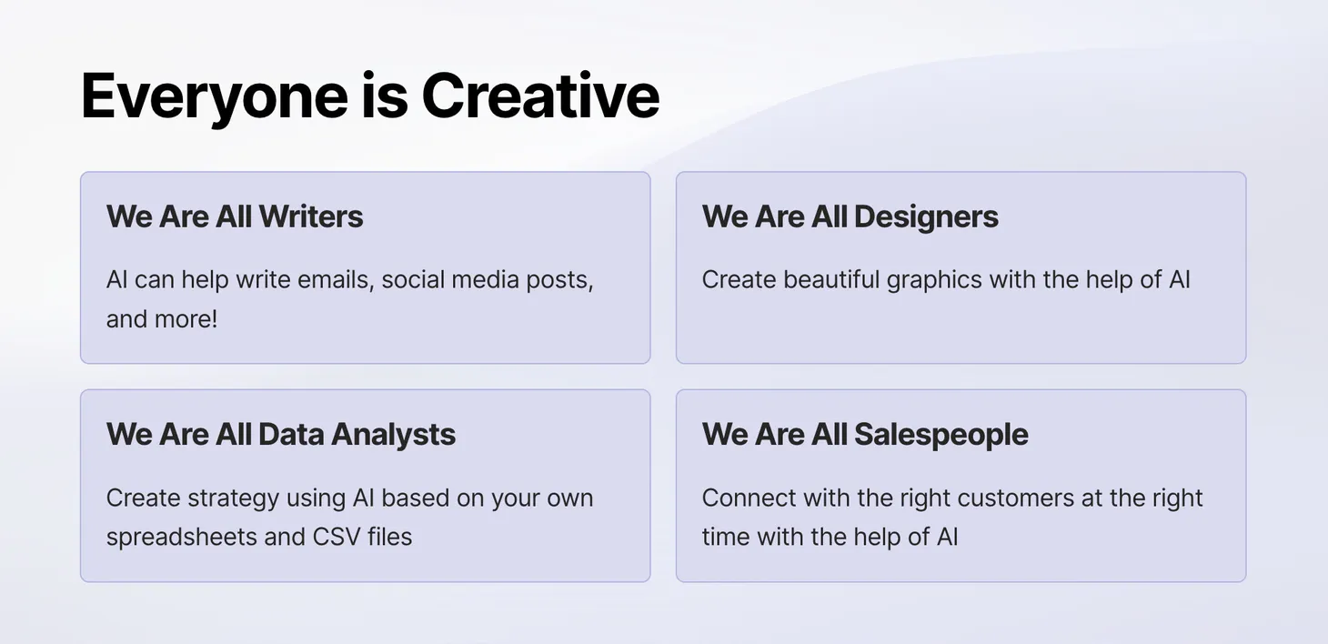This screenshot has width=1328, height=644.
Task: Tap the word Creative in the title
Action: click(540, 96)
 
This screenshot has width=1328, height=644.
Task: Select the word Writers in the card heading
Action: click(311, 216)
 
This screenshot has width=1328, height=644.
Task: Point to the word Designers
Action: click(926, 217)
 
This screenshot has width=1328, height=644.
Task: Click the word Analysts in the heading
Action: click(394, 435)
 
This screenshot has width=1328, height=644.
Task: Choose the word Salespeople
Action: click(941, 435)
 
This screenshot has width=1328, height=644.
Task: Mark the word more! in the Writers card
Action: click(186, 319)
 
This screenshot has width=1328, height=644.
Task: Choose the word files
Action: click(389, 537)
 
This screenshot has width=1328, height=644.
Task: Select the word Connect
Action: click(749, 498)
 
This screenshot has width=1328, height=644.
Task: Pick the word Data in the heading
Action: click(291, 435)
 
